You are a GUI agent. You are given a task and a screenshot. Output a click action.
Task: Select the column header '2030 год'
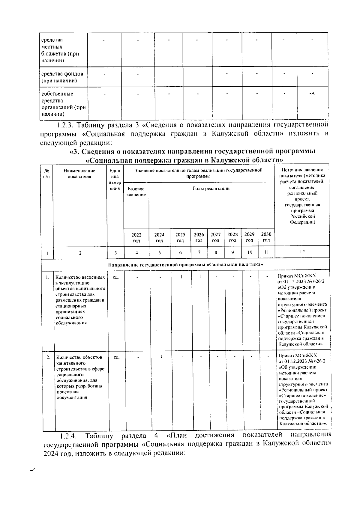pos(266,237)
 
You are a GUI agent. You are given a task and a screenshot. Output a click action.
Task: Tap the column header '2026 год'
pos(199,237)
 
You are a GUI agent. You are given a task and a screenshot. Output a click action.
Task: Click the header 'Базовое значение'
pos(136,192)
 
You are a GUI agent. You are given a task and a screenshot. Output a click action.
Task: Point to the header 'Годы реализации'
pos(211,189)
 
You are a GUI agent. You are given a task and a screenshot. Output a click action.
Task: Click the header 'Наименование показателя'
pos(80,174)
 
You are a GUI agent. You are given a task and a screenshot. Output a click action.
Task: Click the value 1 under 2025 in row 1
pos(181,277)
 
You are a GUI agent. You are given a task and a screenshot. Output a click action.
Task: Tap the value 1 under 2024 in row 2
pos(161,357)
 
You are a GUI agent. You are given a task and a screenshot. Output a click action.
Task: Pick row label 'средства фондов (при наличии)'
pos(62,77)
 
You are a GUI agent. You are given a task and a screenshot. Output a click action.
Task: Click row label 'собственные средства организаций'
pos(63,104)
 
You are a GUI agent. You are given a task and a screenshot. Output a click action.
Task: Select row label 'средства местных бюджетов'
pos(60,50)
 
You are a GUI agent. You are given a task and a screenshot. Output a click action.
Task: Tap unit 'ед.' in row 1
pos(115,277)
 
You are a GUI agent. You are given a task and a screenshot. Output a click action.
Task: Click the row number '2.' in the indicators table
pos(48,357)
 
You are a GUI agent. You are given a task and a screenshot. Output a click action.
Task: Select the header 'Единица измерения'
pos(115,180)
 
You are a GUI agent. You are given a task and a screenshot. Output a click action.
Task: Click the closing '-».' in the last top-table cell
pos(312,94)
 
